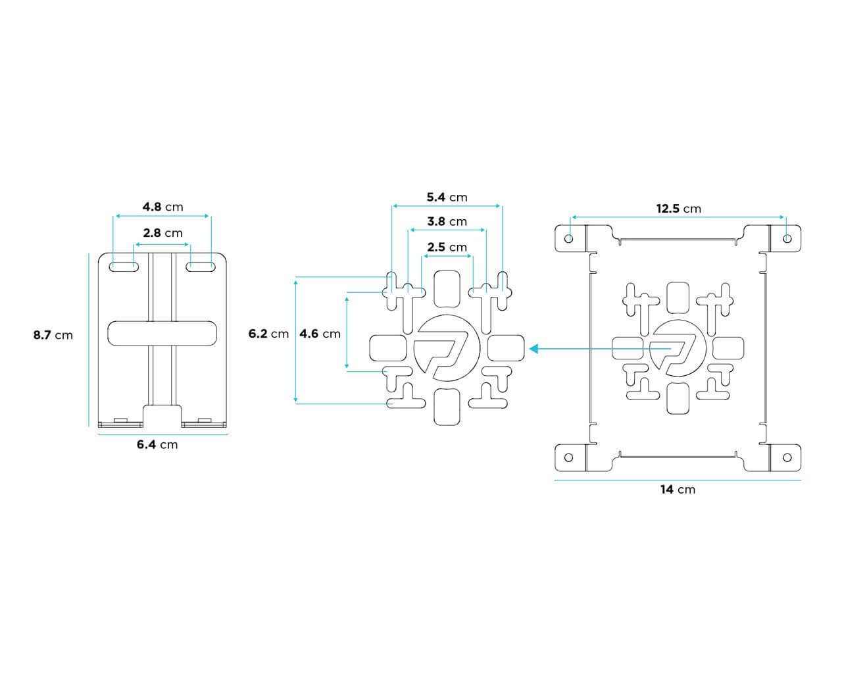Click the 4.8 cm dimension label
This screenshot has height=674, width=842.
point(162,207)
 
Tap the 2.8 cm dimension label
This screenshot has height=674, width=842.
point(162,233)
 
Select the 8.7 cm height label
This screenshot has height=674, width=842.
point(53,335)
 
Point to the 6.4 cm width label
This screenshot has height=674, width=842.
point(157,444)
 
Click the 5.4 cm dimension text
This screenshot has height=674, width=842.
point(447,197)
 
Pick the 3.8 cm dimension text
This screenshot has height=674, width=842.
point(447,222)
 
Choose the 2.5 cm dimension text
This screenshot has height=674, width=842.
point(447,247)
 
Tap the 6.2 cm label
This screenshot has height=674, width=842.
point(269,334)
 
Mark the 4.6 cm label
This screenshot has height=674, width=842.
point(320,334)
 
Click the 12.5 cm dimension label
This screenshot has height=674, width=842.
point(678,209)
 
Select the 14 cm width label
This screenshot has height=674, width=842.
point(678,490)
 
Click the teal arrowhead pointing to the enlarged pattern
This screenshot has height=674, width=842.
point(533,349)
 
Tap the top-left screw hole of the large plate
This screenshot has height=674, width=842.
point(569,238)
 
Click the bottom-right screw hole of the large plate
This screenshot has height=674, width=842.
point(787,457)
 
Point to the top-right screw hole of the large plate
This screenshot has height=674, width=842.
point(787,238)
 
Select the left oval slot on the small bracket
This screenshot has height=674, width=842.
point(124,267)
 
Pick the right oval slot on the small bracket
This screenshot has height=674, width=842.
point(201,267)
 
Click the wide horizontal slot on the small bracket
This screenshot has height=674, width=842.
point(162,333)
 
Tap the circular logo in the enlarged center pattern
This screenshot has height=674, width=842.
point(447,348)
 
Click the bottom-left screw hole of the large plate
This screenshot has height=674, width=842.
point(569,457)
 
